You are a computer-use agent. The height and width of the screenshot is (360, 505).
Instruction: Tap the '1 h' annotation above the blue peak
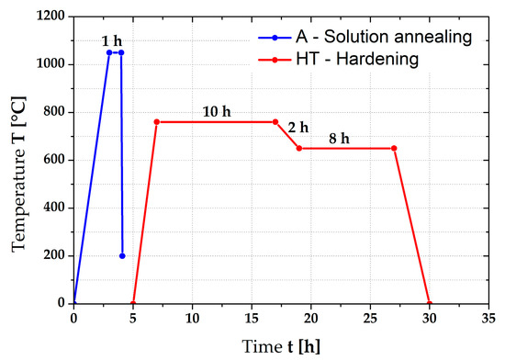(112, 40)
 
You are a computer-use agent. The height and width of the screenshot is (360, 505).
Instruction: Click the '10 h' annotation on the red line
(217, 111)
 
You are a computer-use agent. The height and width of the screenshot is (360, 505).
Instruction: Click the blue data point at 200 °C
(122, 255)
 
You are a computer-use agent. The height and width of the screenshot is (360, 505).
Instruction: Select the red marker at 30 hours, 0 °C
(430, 303)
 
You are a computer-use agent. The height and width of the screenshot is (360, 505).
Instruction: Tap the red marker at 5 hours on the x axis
(133, 303)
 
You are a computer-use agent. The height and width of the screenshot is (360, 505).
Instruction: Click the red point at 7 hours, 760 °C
(157, 121)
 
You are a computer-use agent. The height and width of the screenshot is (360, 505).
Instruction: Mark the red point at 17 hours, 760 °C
(275, 121)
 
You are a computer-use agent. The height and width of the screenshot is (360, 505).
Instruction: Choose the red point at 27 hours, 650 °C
(394, 148)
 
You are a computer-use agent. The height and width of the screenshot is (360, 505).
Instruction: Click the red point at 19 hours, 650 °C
(299, 148)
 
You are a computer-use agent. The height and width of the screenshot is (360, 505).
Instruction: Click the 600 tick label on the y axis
(53, 160)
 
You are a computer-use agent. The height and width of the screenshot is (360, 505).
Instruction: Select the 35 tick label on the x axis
(488, 318)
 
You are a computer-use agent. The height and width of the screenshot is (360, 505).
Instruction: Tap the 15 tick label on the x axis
(252, 318)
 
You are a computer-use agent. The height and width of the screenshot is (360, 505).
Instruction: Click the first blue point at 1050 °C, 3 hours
(109, 52)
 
